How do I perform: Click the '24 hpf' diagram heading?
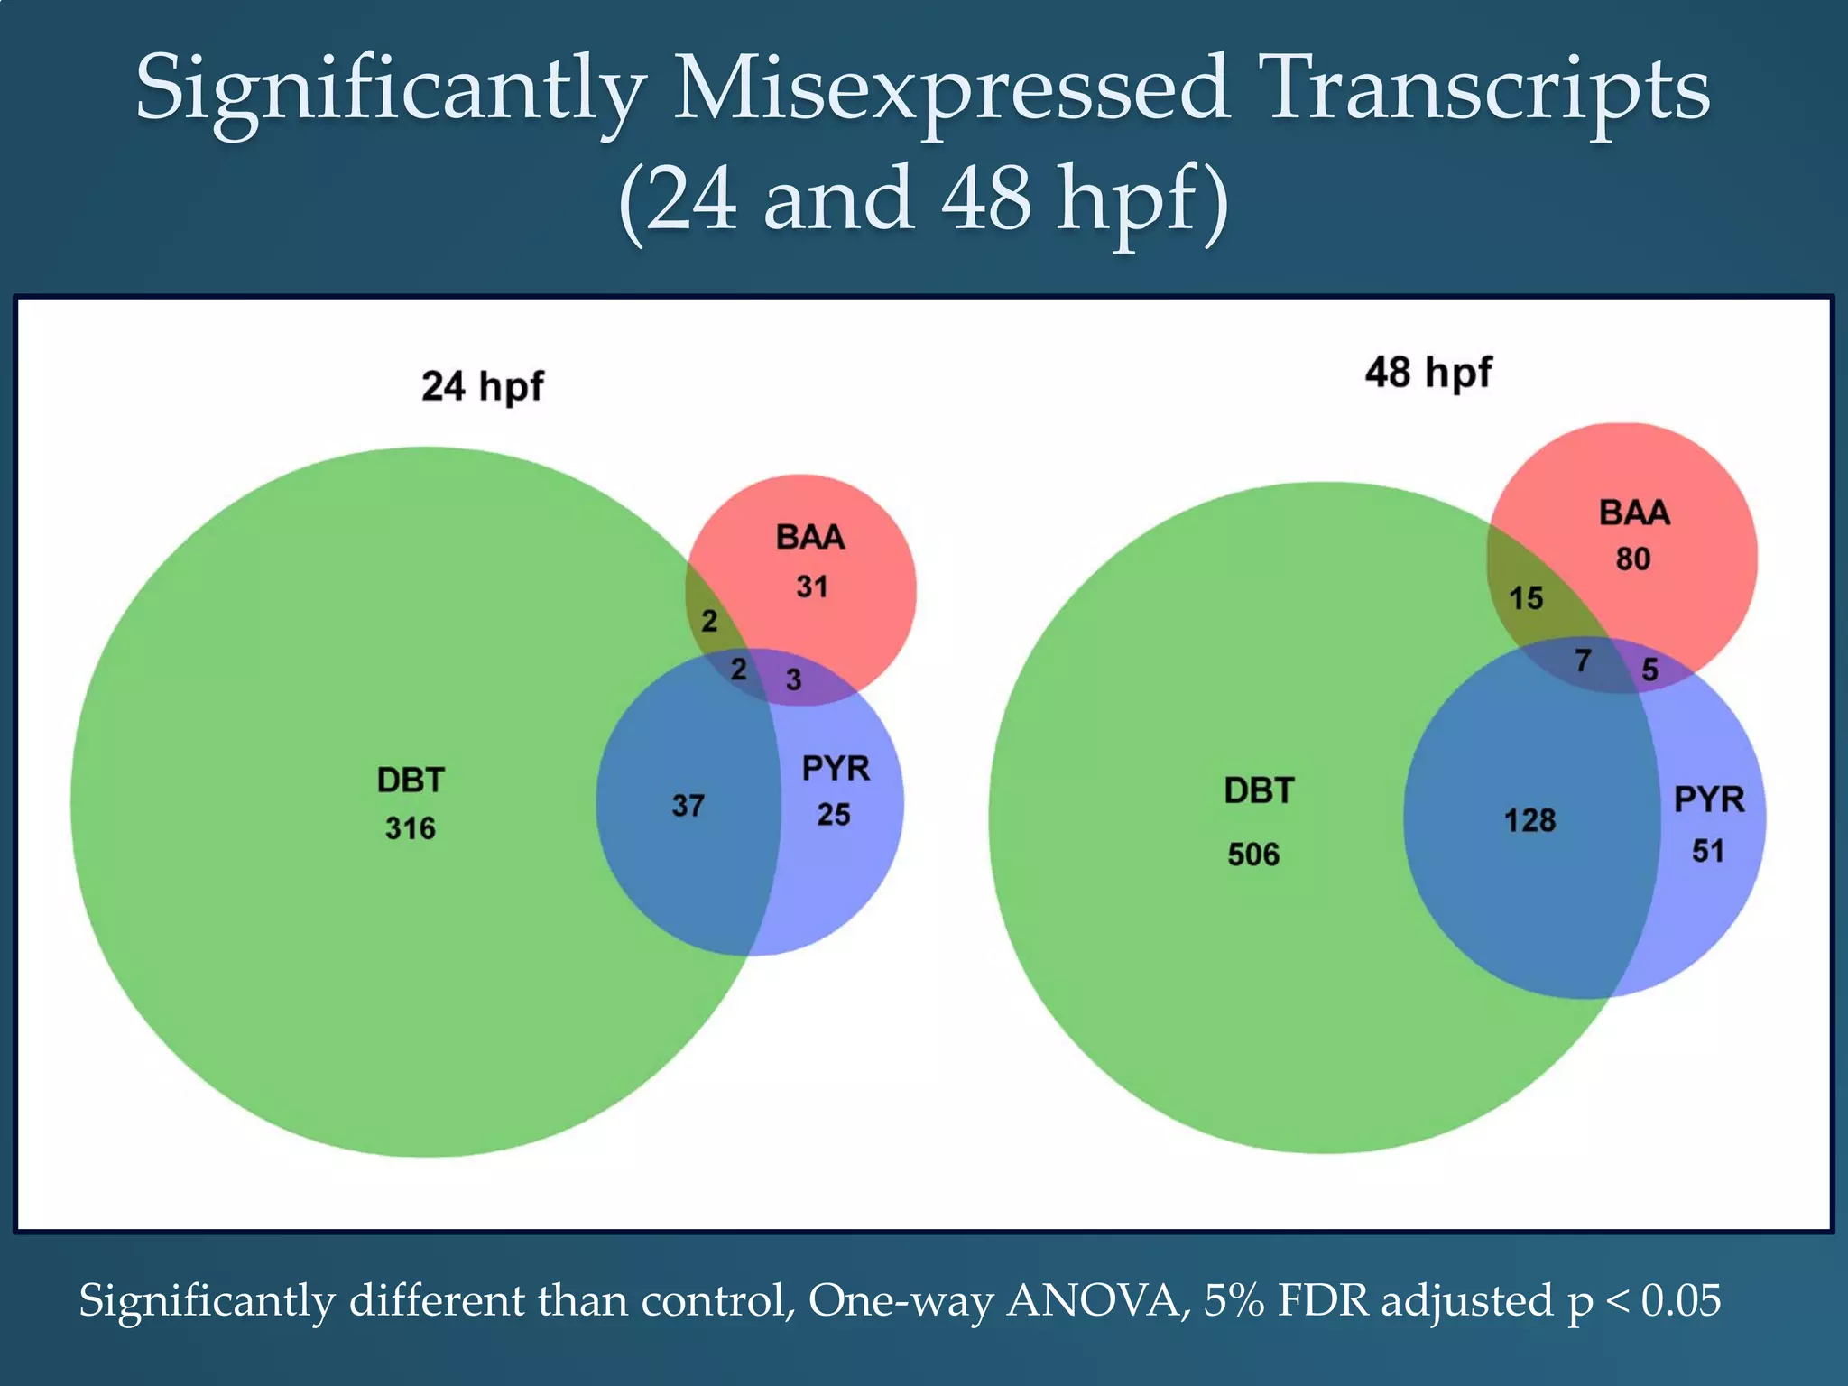coord(482,386)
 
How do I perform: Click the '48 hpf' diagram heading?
coord(1428,372)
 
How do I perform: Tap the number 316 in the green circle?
coord(411,828)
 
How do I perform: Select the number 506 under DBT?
coord(1253,855)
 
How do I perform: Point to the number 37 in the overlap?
coord(688,806)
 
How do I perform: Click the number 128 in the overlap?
coord(1529,821)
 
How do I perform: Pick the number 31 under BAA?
coord(811,587)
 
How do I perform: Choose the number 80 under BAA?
coord(1633,559)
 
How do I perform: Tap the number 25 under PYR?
coord(834,815)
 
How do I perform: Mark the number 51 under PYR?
coord(1708,851)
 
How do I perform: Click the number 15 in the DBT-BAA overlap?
coord(1526,598)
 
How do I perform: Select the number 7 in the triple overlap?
coord(1583,661)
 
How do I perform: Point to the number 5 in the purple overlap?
coord(1649,670)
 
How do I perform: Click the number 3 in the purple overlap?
coord(793,679)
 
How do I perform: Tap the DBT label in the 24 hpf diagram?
coord(411,781)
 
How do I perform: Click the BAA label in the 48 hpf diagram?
coord(1634,513)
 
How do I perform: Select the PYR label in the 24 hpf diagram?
coord(836,769)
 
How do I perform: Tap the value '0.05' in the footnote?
coord(1681,1301)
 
